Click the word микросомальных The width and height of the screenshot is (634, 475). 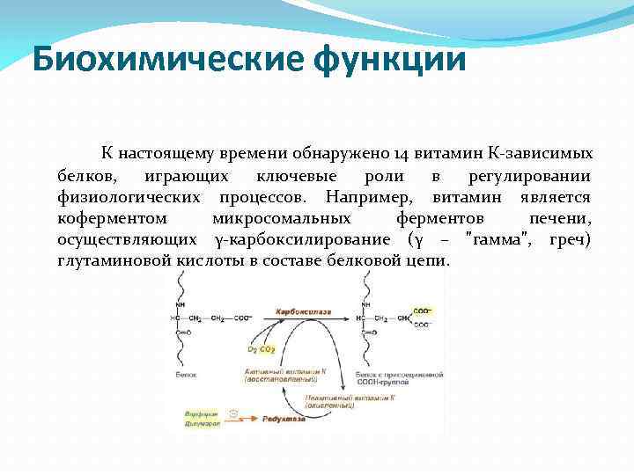281,217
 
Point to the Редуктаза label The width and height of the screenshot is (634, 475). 284,420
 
